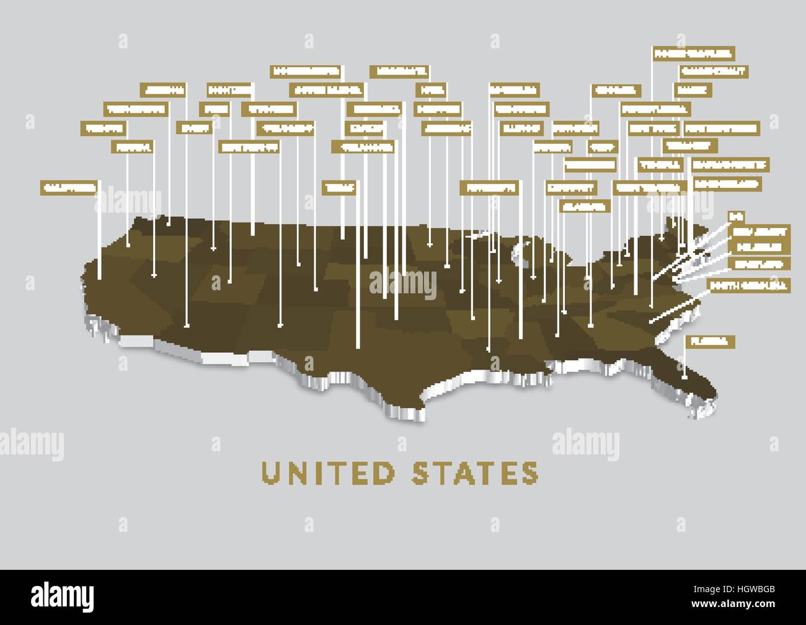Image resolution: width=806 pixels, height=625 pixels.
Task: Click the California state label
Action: point(69,187)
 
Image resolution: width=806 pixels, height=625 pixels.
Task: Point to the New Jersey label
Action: point(759,232)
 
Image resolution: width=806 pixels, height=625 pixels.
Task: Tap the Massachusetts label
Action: point(730,165)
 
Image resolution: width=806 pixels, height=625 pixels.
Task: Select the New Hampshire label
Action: point(721,128)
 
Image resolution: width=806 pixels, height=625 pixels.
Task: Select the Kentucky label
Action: point(570,187)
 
